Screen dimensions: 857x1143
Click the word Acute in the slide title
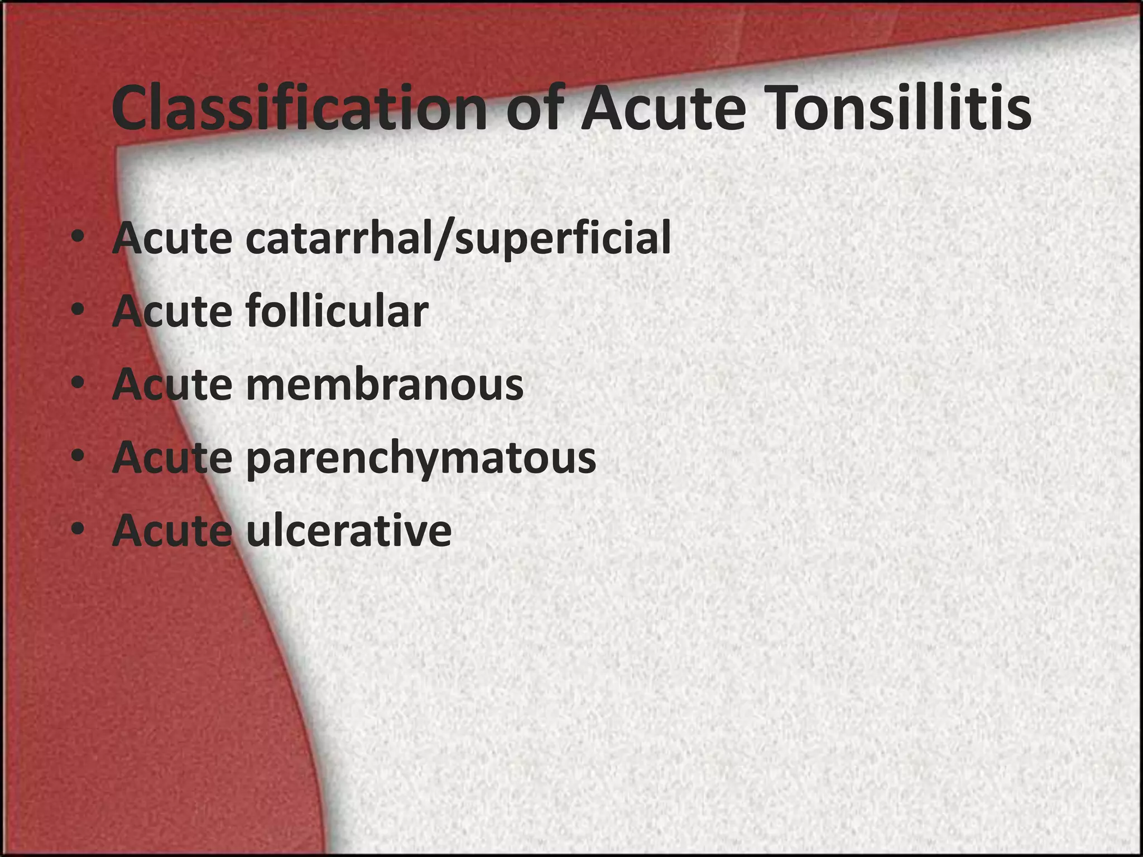tap(663, 108)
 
